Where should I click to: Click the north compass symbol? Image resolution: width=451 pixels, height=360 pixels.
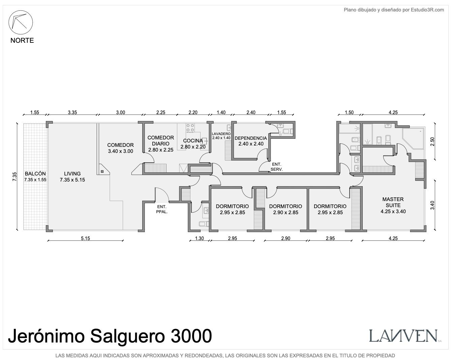(x=21, y=22)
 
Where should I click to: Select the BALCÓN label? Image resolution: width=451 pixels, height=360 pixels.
(x=35, y=174)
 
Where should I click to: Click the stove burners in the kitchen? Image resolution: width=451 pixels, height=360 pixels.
(x=190, y=128)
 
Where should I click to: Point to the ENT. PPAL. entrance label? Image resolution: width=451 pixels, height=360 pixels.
(x=162, y=209)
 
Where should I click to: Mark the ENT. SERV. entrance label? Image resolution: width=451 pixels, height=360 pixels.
(x=277, y=167)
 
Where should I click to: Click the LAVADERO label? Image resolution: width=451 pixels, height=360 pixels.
(x=221, y=134)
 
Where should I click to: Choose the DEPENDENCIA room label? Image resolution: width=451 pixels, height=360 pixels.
(x=251, y=138)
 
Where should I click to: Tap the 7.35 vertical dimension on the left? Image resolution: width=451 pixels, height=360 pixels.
(x=14, y=176)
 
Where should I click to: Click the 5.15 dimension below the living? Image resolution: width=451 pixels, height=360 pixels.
(x=85, y=238)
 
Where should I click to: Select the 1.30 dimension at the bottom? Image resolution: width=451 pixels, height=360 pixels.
(x=199, y=238)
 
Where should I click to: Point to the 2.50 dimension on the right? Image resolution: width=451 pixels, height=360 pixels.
(x=432, y=141)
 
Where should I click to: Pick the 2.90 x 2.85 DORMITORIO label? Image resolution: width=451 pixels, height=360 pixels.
(x=285, y=209)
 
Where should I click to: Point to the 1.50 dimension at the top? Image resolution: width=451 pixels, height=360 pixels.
(x=349, y=112)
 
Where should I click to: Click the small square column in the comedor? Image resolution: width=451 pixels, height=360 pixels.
(x=102, y=171)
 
